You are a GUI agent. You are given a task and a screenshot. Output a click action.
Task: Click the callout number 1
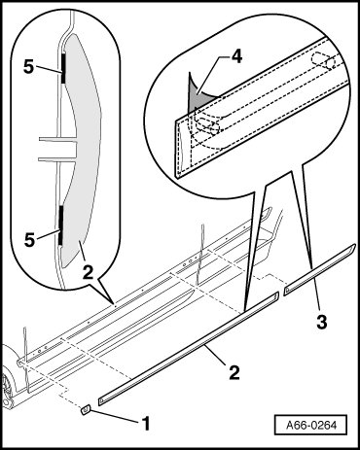[146, 424]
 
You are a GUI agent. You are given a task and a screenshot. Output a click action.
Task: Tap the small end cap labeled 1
[86, 410]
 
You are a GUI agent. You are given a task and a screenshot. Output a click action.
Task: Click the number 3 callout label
[321, 322]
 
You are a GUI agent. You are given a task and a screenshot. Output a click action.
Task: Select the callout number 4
[236, 57]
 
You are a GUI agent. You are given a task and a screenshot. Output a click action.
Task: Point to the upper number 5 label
[28, 67]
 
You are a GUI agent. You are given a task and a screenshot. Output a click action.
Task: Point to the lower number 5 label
[29, 240]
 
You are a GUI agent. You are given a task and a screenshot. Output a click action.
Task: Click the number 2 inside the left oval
[88, 273]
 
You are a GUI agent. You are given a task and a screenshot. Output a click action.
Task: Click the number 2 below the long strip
[234, 372]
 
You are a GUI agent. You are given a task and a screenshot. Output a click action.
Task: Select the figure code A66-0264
[311, 425]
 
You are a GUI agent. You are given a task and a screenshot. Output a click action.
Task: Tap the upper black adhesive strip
[63, 68]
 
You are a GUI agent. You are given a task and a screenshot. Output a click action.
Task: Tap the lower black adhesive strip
[60, 225]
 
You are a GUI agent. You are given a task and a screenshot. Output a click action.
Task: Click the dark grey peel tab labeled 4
[196, 94]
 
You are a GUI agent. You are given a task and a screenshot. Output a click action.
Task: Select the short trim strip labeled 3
[320, 270]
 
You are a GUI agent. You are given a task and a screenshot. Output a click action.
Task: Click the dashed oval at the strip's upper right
[323, 60]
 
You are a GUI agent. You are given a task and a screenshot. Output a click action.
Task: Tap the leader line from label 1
[115, 416]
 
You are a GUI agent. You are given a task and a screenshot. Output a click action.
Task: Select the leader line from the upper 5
[49, 69]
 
